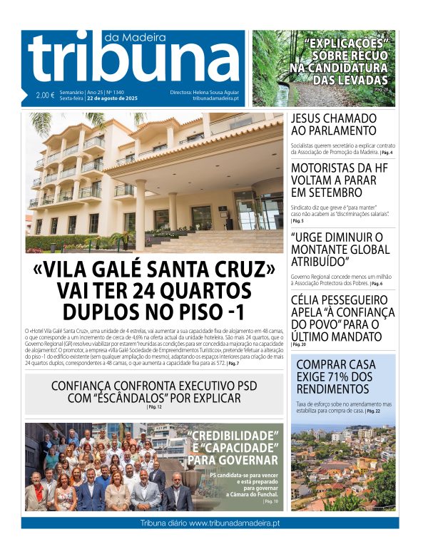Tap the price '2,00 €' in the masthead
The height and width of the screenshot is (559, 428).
click(45, 96)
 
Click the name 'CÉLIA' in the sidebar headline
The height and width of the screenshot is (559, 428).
click(309, 299)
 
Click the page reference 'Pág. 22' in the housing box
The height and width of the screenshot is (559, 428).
click(373, 411)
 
